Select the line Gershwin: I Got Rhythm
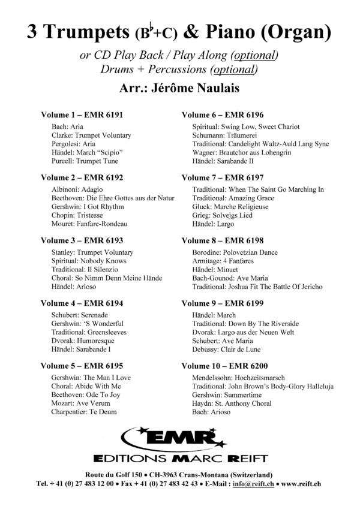pyautogui.click(x=84, y=206)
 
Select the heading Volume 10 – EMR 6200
pyautogui.click(x=224, y=365)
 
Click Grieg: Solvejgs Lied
pyautogui.click(x=222, y=215)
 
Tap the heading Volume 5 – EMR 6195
pyautogui.click(x=82, y=365)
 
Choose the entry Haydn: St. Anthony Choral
pyautogui.click(x=232, y=404)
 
